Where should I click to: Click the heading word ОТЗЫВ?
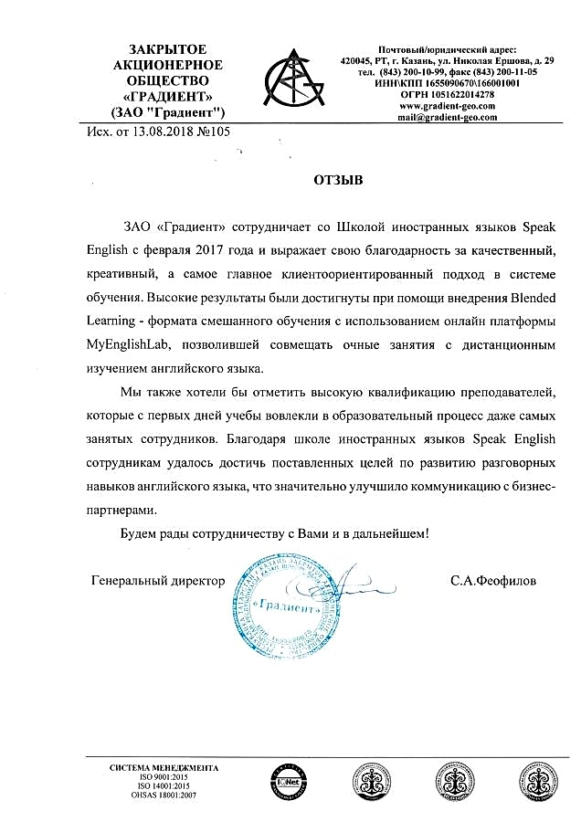click(x=338, y=181)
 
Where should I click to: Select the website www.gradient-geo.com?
click(x=448, y=106)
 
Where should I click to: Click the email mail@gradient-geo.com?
click(x=448, y=118)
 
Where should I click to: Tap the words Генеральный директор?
click(x=157, y=580)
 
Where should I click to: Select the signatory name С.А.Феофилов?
click(x=494, y=580)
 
